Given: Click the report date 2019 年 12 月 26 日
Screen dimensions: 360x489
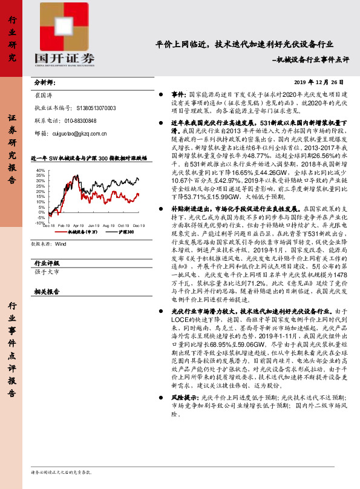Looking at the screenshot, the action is (318, 82).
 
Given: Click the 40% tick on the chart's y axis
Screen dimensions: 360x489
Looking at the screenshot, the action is (40, 171).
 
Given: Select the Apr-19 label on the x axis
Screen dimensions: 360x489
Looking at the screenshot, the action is (79, 225).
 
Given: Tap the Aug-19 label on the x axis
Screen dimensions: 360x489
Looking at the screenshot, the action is (110, 225).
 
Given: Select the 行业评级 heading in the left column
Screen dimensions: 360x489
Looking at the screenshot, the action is (47, 263).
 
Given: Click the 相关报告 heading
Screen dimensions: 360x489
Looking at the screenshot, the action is (47, 291).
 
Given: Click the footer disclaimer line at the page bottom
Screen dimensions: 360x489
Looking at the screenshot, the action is (61, 471).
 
